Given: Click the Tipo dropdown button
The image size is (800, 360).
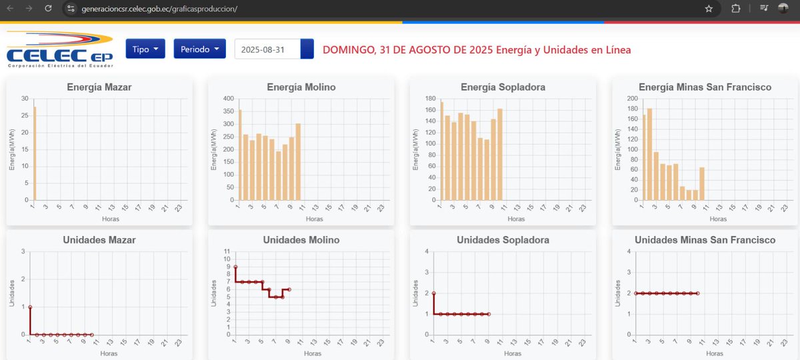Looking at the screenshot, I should pyautogui.click(x=145, y=49).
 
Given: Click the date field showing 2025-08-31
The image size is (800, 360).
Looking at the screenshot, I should pyautogui.click(x=267, y=49).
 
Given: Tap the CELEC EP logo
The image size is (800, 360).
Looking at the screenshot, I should pyautogui.click(x=61, y=49).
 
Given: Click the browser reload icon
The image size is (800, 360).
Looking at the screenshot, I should pyautogui.click(x=48, y=9).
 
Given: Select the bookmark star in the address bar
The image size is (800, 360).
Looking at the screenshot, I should pyautogui.click(x=709, y=9).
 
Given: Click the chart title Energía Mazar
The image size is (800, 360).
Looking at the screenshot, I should pyautogui.click(x=99, y=87).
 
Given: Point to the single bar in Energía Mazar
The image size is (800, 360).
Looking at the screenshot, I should pyautogui.click(x=35, y=153).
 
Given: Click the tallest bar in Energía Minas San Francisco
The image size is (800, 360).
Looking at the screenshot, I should pyautogui.click(x=649, y=154).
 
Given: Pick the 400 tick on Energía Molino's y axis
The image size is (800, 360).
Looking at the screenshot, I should pyautogui.click(x=227, y=99).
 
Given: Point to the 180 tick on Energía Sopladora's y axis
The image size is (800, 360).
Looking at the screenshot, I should pyautogui.click(x=429, y=99).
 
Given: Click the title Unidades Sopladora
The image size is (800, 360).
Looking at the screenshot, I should pyautogui.click(x=503, y=240).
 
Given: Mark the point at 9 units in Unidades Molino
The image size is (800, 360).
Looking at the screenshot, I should pyautogui.click(x=235, y=267).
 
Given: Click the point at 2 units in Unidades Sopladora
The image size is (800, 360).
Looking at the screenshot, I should pyautogui.click(x=434, y=293).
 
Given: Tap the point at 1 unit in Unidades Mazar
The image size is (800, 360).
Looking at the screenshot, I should pyautogui.click(x=31, y=307).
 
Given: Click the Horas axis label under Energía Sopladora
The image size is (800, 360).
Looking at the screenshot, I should pyautogui.click(x=516, y=219).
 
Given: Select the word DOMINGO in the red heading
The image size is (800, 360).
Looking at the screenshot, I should pyautogui.click(x=347, y=50).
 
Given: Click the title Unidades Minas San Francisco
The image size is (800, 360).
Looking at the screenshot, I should pyautogui.click(x=705, y=240).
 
